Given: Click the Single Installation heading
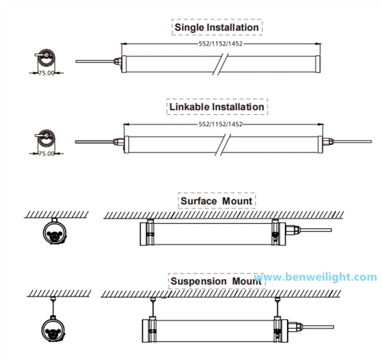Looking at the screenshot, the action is click(x=216, y=27).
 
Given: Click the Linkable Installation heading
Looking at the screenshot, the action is click(x=216, y=107).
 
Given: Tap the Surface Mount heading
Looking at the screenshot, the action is click(x=216, y=201).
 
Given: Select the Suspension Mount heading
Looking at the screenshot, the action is click(x=216, y=281).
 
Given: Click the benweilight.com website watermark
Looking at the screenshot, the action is click(x=315, y=277).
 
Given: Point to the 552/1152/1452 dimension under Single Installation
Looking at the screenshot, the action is click(x=221, y=44).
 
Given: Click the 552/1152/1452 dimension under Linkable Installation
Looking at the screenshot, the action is click(x=221, y=124).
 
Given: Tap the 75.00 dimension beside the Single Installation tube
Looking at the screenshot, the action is click(x=46, y=73).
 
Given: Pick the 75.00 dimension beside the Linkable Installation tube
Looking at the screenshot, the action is click(x=46, y=153).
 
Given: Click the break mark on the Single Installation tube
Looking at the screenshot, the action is click(x=221, y=64).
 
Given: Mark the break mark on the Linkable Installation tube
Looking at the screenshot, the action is click(x=223, y=145).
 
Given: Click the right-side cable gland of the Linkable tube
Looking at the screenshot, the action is click(x=328, y=142).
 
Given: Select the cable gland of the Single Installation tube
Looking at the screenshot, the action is click(x=118, y=61).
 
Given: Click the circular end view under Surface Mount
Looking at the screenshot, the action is click(x=54, y=232).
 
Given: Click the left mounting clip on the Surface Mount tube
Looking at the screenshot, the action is click(x=150, y=232).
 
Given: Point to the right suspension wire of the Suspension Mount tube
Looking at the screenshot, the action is click(x=277, y=308).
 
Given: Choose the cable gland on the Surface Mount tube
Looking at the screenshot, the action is click(x=293, y=230).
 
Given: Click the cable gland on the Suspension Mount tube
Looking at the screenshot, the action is click(x=295, y=326).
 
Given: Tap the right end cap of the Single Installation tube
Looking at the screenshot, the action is click(x=318, y=64).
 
